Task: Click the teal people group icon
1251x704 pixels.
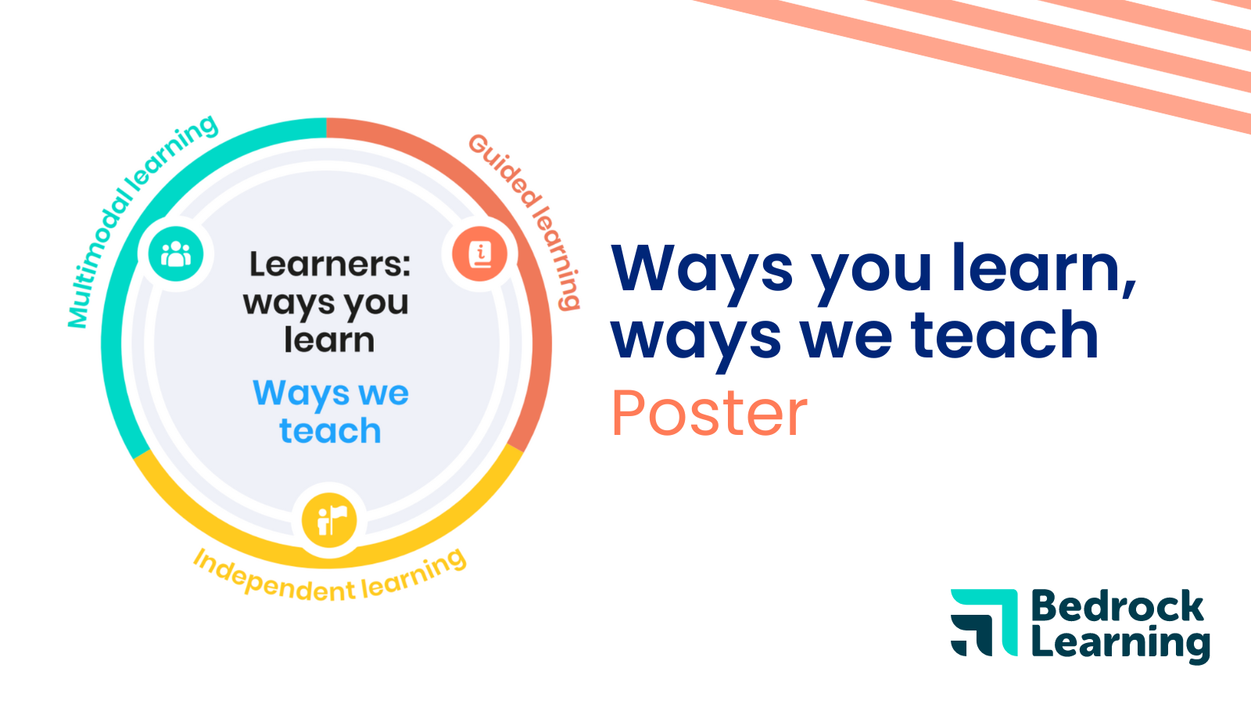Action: click(176, 253)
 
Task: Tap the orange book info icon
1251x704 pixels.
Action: click(480, 253)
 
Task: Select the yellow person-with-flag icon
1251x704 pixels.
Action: click(329, 520)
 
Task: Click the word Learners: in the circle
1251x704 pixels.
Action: click(329, 264)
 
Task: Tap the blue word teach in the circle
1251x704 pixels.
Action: click(330, 431)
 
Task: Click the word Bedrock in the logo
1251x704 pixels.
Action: click(1117, 607)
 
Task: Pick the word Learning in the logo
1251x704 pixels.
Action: click(1120, 644)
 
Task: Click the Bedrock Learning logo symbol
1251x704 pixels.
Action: click(984, 622)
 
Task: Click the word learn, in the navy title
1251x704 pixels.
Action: click(1043, 268)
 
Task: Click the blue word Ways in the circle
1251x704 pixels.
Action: click(300, 393)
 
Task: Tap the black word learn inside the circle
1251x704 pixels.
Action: click(329, 341)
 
